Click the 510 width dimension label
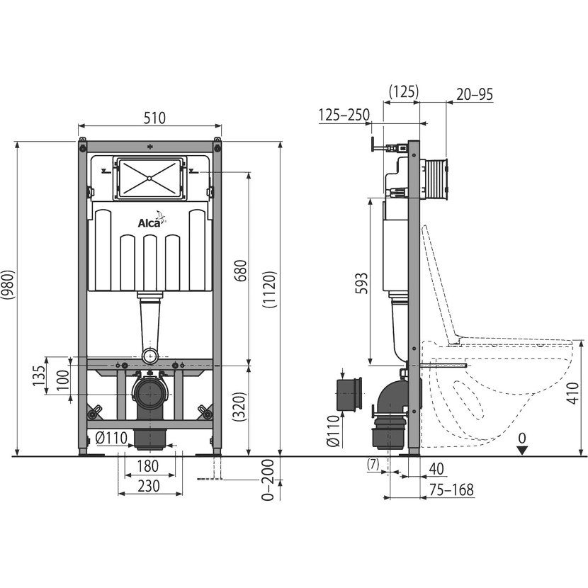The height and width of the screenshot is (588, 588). [154, 118]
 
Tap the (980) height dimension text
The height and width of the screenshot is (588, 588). [8, 284]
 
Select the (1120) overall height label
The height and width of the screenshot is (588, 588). [269, 290]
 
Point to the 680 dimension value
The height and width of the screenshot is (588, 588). [240, 271]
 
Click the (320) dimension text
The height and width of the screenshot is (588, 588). [239, 407]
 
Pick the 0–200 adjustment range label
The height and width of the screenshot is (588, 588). [268, 480]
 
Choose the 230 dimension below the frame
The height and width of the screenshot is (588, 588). [149, 486]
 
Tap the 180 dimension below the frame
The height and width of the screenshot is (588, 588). [148, 466]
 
